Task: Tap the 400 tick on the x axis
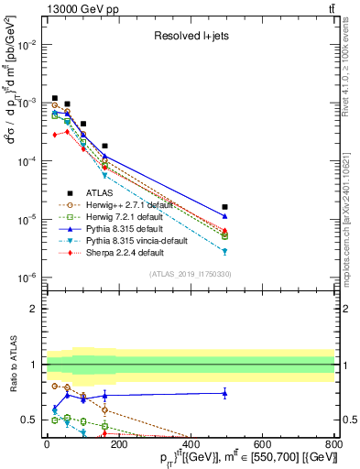pos(190,441)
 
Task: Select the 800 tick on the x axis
pos(333,441)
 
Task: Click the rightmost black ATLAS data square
pos(225,207)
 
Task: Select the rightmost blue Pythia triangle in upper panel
pos(225,215)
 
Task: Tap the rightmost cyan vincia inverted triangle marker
pos(225,251)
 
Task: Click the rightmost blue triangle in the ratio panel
pos(225,393)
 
